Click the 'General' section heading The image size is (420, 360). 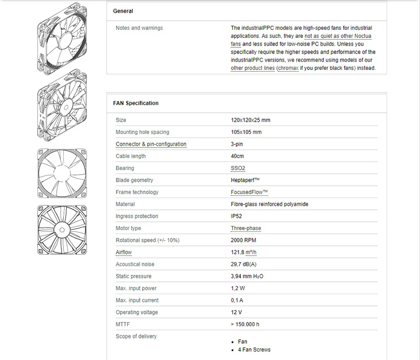(x=123, y=11)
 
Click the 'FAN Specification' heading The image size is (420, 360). (x=135, y=103)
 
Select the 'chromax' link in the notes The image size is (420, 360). (x=287, y=68)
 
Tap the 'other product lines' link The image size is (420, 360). (x=252, y=68)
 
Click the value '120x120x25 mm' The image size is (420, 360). (x=250, y=120)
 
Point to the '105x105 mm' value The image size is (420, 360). (x=246, y=132)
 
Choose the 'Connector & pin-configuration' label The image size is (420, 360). (x=151, y=144)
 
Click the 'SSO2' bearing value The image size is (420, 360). (x=238, y=168)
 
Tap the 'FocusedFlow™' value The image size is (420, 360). (x=249, y=192)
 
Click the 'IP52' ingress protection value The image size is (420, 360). (x=236, y=216)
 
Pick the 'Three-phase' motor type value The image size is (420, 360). (x=246, y=228)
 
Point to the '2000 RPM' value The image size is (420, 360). (x=243, y=240)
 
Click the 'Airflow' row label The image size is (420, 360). (x=124, y=252)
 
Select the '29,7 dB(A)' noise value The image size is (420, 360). (x=243, y=264)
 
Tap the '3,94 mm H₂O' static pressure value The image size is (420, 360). (x=247, y=276)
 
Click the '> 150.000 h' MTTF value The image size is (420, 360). (x=245, y=324)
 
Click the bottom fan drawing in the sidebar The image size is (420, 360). (x=62, y=229)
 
